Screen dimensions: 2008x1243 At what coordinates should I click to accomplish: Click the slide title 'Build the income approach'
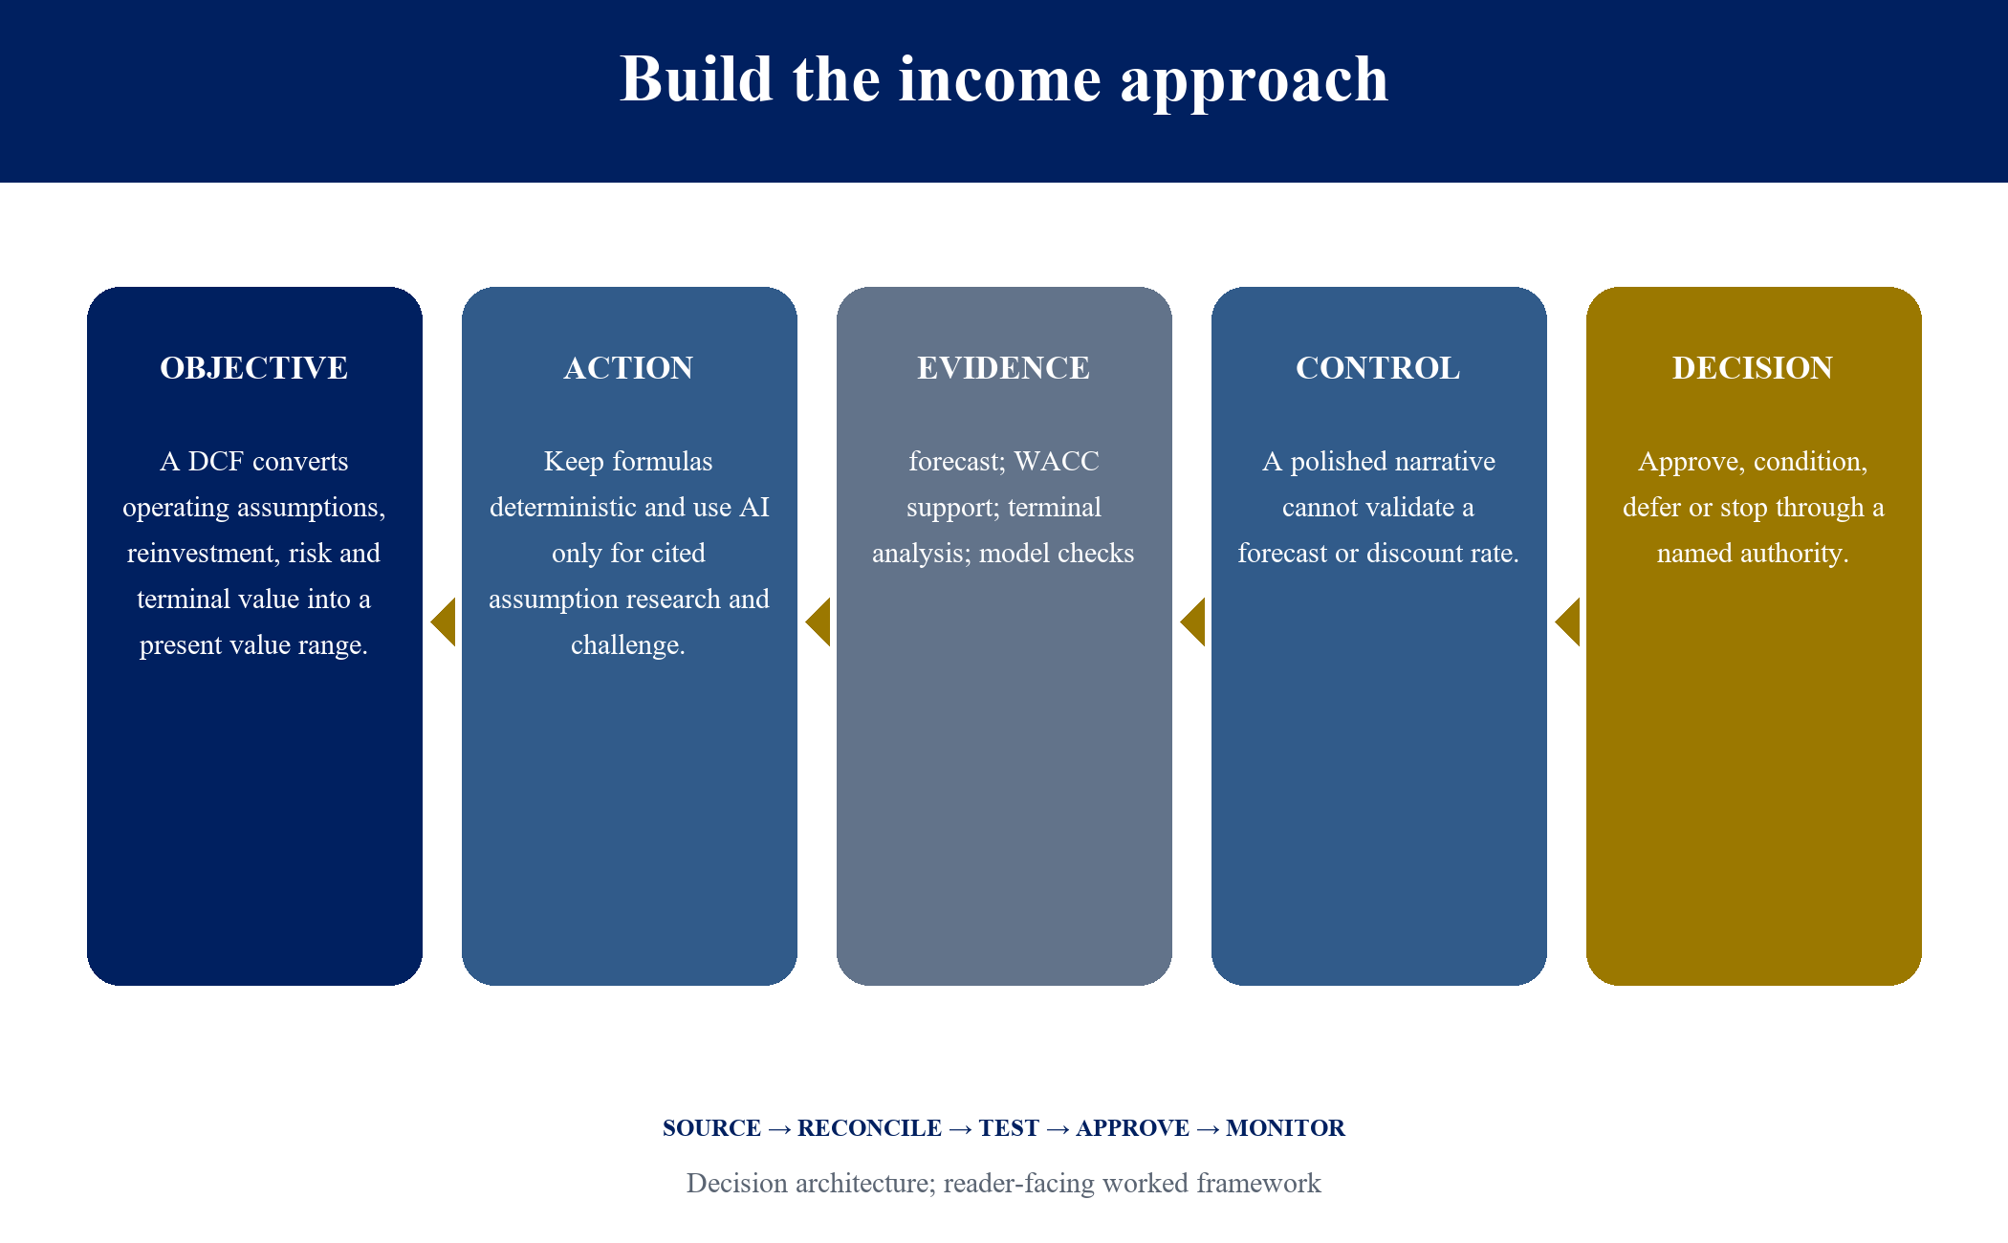tap(1004, 79)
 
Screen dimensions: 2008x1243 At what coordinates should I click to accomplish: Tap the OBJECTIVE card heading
tap(254, 368)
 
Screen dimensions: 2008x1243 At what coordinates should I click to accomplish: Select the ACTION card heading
tap(629, 368)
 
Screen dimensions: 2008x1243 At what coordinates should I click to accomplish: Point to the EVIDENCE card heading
tap(1004, 368)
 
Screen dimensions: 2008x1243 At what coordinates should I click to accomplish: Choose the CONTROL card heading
tap(1378, 368)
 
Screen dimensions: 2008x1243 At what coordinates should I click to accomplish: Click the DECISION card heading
tap(1753, 368)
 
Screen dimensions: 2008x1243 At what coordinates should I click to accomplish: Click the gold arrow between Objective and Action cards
tap(444, 622)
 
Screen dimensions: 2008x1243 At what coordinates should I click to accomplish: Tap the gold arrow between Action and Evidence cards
tap(818, 622)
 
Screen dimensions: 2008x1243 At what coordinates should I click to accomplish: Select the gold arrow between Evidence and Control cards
tap(1193, 622)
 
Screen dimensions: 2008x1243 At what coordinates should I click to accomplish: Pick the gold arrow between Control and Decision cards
tap(1568, 622)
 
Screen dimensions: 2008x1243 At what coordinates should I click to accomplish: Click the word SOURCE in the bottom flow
tap(712, 1128)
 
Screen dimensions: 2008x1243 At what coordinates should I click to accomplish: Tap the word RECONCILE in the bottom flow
tap(870, 1128)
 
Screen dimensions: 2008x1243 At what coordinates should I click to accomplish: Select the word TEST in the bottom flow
tap(1009, 1128)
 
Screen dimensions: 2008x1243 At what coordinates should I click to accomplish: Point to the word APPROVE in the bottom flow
tap(1133, 1128)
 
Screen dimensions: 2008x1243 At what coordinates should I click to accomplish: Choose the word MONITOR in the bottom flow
tap(1286, 1128)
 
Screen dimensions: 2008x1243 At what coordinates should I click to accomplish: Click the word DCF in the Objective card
tap(215, 462)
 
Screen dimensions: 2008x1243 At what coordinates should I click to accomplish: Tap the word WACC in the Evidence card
tap(1057, 462)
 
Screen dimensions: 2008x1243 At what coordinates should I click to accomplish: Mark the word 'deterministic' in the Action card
tap(563, 508)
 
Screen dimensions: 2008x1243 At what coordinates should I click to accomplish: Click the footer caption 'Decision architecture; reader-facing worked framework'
tap(1004, 1184)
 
